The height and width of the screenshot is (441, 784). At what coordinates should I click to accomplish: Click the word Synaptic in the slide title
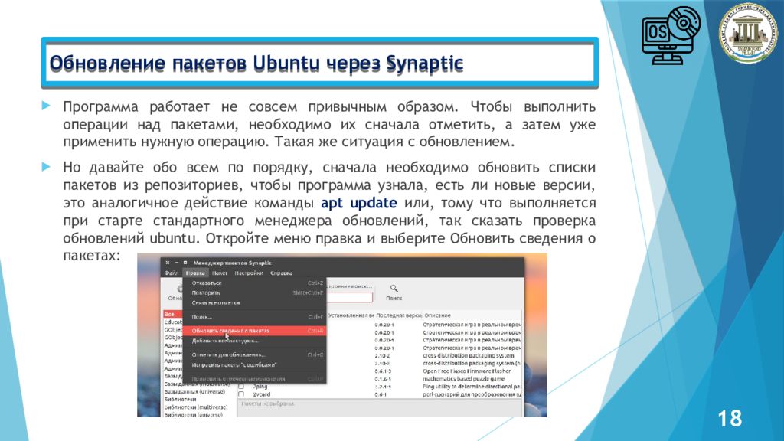425,63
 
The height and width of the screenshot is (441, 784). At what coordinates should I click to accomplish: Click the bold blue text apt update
358,203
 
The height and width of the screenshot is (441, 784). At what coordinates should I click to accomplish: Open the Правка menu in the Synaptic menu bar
195,273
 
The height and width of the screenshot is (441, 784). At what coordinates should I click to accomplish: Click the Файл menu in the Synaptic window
171,273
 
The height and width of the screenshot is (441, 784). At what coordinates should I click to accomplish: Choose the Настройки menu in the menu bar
249,273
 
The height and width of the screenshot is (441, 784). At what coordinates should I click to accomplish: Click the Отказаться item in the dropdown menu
207,283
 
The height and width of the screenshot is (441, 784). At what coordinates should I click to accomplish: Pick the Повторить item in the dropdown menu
206,292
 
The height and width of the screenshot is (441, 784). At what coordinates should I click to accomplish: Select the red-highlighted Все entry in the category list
169,314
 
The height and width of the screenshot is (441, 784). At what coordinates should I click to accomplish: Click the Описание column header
438,315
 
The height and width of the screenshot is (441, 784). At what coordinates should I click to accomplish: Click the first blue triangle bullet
46,105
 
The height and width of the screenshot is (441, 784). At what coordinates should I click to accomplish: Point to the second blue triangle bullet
46,166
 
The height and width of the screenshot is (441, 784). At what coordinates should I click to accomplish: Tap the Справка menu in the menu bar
281,273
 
